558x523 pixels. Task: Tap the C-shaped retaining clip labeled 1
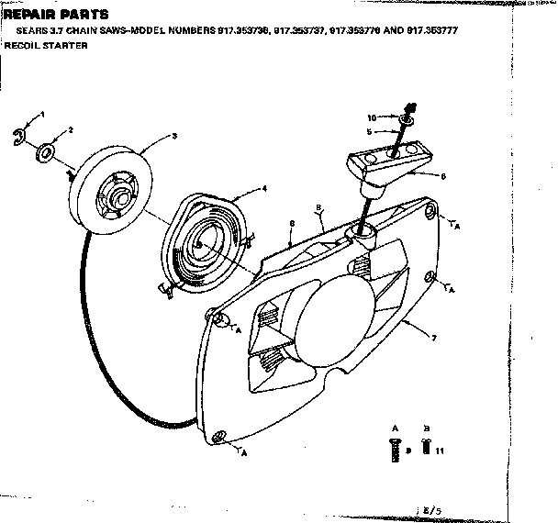(x=27, y=137)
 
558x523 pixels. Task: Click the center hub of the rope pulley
(x=117, y=194)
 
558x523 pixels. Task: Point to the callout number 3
(x=173, y=136)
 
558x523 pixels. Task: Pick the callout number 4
(x=264, y=187)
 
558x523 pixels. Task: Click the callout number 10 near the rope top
(x=372, y=117)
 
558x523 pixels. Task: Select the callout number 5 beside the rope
(x=370, y=131)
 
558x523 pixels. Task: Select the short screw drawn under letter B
(x=426, y=447)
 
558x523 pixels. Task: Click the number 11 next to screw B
(x=441, y=451)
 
